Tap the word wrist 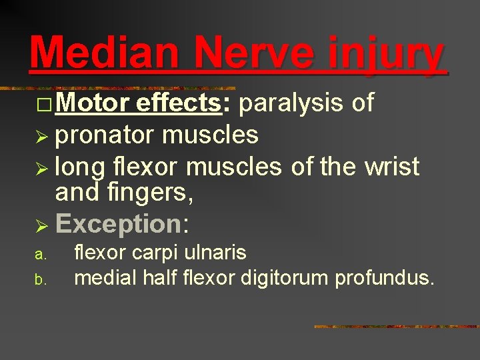click(x=391, y=166)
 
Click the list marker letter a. click(x=40, y=255)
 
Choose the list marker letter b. click(x=40, y=278)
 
